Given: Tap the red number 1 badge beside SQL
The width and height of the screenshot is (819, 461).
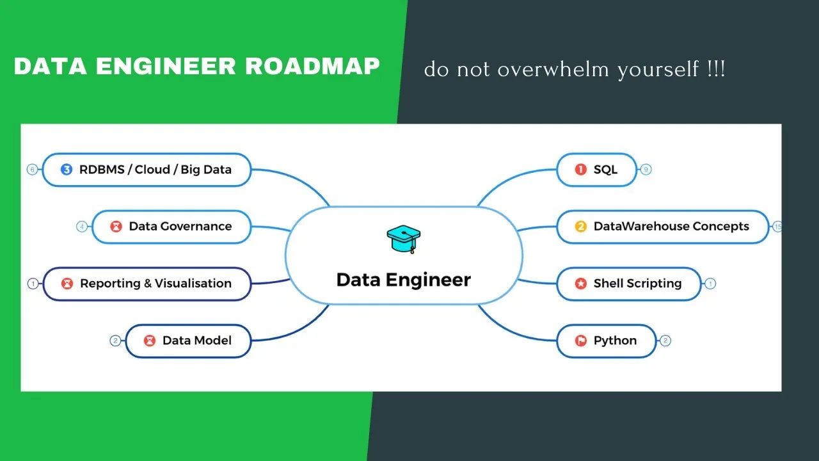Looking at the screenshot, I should [x=581, y=170].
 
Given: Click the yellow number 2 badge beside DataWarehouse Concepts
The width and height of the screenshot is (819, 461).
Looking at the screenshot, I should [x=581, y=227].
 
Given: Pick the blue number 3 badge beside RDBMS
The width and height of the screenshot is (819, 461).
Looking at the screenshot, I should [x=67, y=170].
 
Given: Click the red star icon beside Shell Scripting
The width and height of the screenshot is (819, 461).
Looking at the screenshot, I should [x=581, y=284].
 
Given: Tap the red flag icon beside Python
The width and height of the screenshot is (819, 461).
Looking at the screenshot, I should [x=581, y=341].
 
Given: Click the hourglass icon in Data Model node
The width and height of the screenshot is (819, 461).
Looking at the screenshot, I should [x=150, y=341].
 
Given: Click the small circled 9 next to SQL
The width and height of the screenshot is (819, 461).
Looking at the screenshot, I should [x=646, y=170].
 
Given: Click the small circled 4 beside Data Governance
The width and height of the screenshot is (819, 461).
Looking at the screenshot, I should [x=82, y=227].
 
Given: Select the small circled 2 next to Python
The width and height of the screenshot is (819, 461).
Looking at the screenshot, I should [x=665, y=341].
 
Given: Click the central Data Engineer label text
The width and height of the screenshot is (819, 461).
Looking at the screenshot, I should [x=404, y=280].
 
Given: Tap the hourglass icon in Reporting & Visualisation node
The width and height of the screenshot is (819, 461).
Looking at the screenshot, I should [x=67, y=284].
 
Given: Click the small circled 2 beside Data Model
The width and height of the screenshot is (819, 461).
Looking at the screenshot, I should [x=115, y=341].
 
